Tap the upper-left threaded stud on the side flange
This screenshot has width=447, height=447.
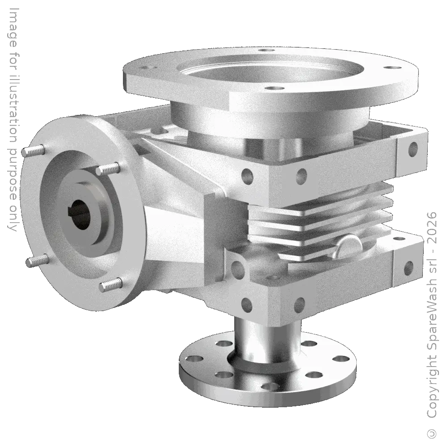coord(34,151)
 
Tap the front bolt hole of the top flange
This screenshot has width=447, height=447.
coord(270,88)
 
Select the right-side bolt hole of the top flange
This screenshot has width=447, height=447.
coord(391,68)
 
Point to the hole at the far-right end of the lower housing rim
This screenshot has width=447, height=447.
coord(407,268)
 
